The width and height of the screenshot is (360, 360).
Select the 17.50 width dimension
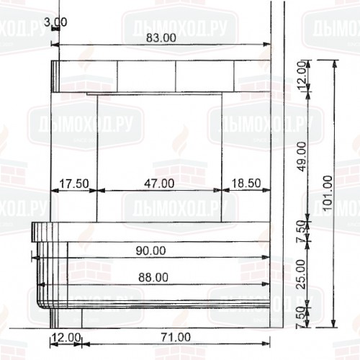click(x=73, y=184)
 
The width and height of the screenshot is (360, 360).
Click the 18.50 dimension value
click(x=245, y=184)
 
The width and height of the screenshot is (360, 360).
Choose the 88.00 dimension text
click(x=153, y=276)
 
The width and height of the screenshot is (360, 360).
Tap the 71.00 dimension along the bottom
click(x=175, y=336)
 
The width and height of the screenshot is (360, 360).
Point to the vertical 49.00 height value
click(x=303, y=155)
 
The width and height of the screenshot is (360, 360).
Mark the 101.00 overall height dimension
click(x=328, y=190)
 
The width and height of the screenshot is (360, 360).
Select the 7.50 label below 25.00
click(x=303, y=315)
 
